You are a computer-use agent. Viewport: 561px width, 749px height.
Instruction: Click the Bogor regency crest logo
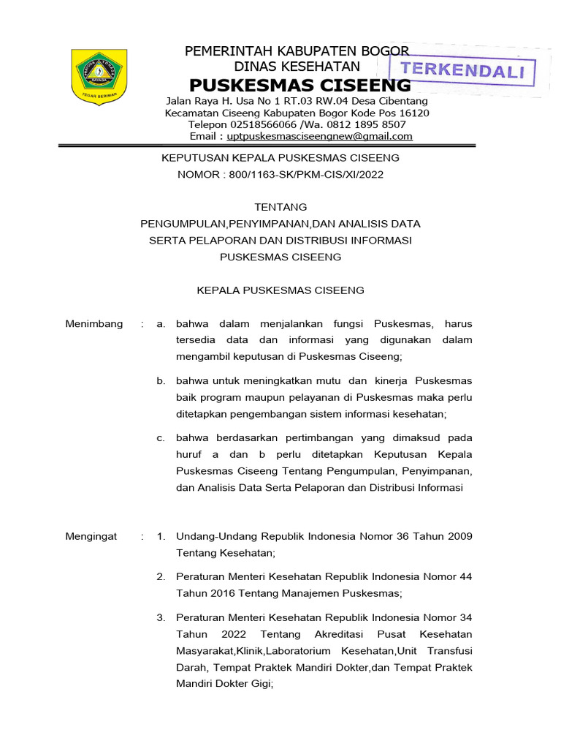pyautogui.click(x=99, y=76)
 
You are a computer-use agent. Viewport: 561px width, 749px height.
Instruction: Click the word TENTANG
pyautogui.click(x=280, y=207)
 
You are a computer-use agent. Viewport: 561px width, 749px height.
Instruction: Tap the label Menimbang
pyautogui.click(x=94, y=324)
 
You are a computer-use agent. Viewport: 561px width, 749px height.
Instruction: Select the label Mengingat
pyautogui.click(x=91, y=537)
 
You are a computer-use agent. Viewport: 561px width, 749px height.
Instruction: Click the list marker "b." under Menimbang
pyautogui.click(x=161, y=381)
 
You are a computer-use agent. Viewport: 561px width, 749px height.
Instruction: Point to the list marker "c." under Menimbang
pyautogui.click(x=161, y=438)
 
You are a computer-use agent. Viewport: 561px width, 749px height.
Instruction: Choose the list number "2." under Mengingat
pyautogui.click(x=161, y=577)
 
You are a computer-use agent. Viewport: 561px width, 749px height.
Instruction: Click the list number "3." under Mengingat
pyautogui.click(x=161, y=618)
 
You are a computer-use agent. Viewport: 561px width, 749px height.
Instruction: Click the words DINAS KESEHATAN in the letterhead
pyautogui.click(x=297, y=67)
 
